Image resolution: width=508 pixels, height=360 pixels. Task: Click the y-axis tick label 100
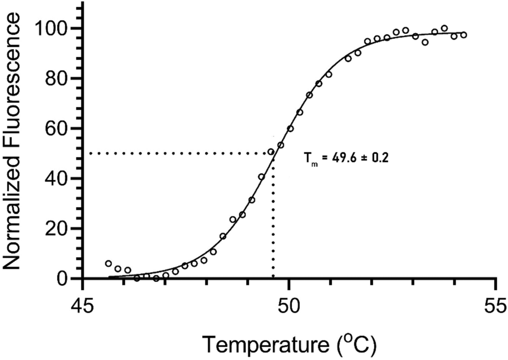click(55, 28)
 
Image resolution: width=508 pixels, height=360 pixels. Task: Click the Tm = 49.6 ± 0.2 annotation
click(346, 158)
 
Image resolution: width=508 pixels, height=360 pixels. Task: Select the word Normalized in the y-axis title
click(14, 220)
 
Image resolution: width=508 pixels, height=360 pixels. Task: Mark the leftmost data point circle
click(108, 263)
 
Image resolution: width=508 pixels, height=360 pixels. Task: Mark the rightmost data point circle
click(463, 35)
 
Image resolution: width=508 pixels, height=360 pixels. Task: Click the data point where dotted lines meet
click(271, 152)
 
